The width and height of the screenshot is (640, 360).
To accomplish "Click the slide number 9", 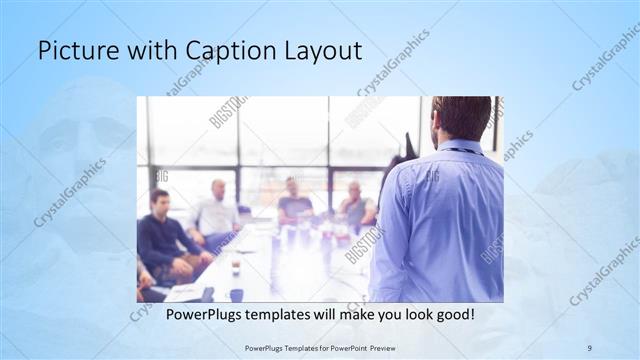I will pyautogui.click(x=590, y=347).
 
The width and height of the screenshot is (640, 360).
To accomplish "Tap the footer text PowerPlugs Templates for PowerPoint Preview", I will pyautogui.click(x=320, y=347).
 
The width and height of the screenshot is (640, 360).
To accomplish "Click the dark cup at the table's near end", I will pyautogui.click(x=236, y=294).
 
